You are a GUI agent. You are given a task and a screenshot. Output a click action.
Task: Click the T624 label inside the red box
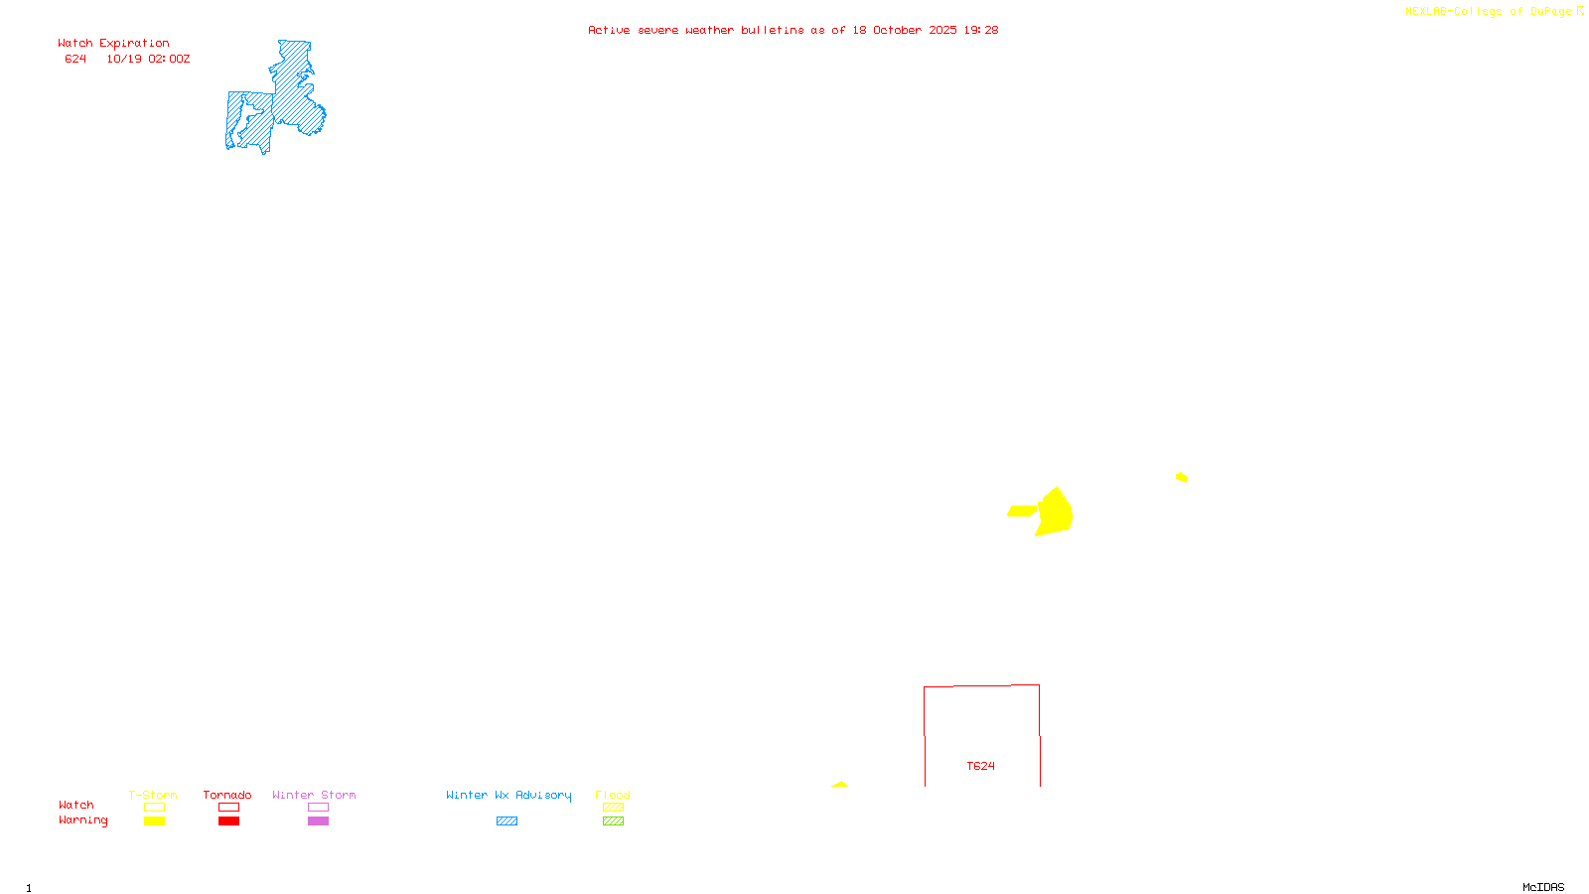pos(981,766)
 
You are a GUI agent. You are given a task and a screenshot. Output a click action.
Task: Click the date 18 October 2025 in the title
pos(904,30)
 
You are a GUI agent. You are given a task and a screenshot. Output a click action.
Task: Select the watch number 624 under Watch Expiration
pos(75,59)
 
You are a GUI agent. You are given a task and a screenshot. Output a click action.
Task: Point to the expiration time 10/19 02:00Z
pos(148,59)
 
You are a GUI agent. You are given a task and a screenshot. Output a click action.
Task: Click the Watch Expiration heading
pos(113,44)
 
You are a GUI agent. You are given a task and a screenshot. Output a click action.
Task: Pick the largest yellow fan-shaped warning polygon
pos(1055,512)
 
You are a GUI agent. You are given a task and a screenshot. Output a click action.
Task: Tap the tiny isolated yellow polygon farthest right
pos(1182,478)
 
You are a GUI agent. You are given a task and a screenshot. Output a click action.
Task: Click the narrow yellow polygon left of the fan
pos(1022,511)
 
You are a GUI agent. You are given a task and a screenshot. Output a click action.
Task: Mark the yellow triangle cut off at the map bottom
pos(840,785)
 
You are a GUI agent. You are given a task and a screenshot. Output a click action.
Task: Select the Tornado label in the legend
pos(227,795)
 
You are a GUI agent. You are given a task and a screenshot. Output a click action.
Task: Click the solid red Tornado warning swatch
pos(229,821)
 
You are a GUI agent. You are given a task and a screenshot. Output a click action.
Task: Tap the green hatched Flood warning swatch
pos(614,821)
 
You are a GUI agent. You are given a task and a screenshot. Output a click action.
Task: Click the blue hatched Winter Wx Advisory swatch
pos(506,821)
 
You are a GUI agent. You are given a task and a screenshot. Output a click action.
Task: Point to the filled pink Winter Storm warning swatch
pos(318,821)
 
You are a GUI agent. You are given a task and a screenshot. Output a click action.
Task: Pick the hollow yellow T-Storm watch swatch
pos(154,808)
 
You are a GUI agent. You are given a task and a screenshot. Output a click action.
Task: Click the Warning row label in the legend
pos(82,820)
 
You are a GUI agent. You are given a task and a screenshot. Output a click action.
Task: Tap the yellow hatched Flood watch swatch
pos(614,808)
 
